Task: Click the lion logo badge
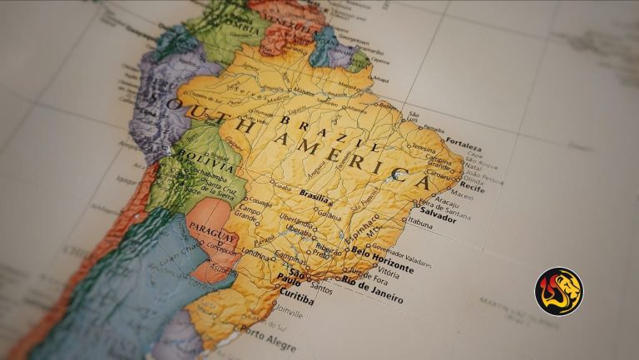(558, 291)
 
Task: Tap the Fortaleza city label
(463, 141)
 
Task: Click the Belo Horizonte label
(382, 259)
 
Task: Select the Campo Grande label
(247, 215)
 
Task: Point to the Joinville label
(286, 314)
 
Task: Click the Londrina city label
(255, 250)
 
